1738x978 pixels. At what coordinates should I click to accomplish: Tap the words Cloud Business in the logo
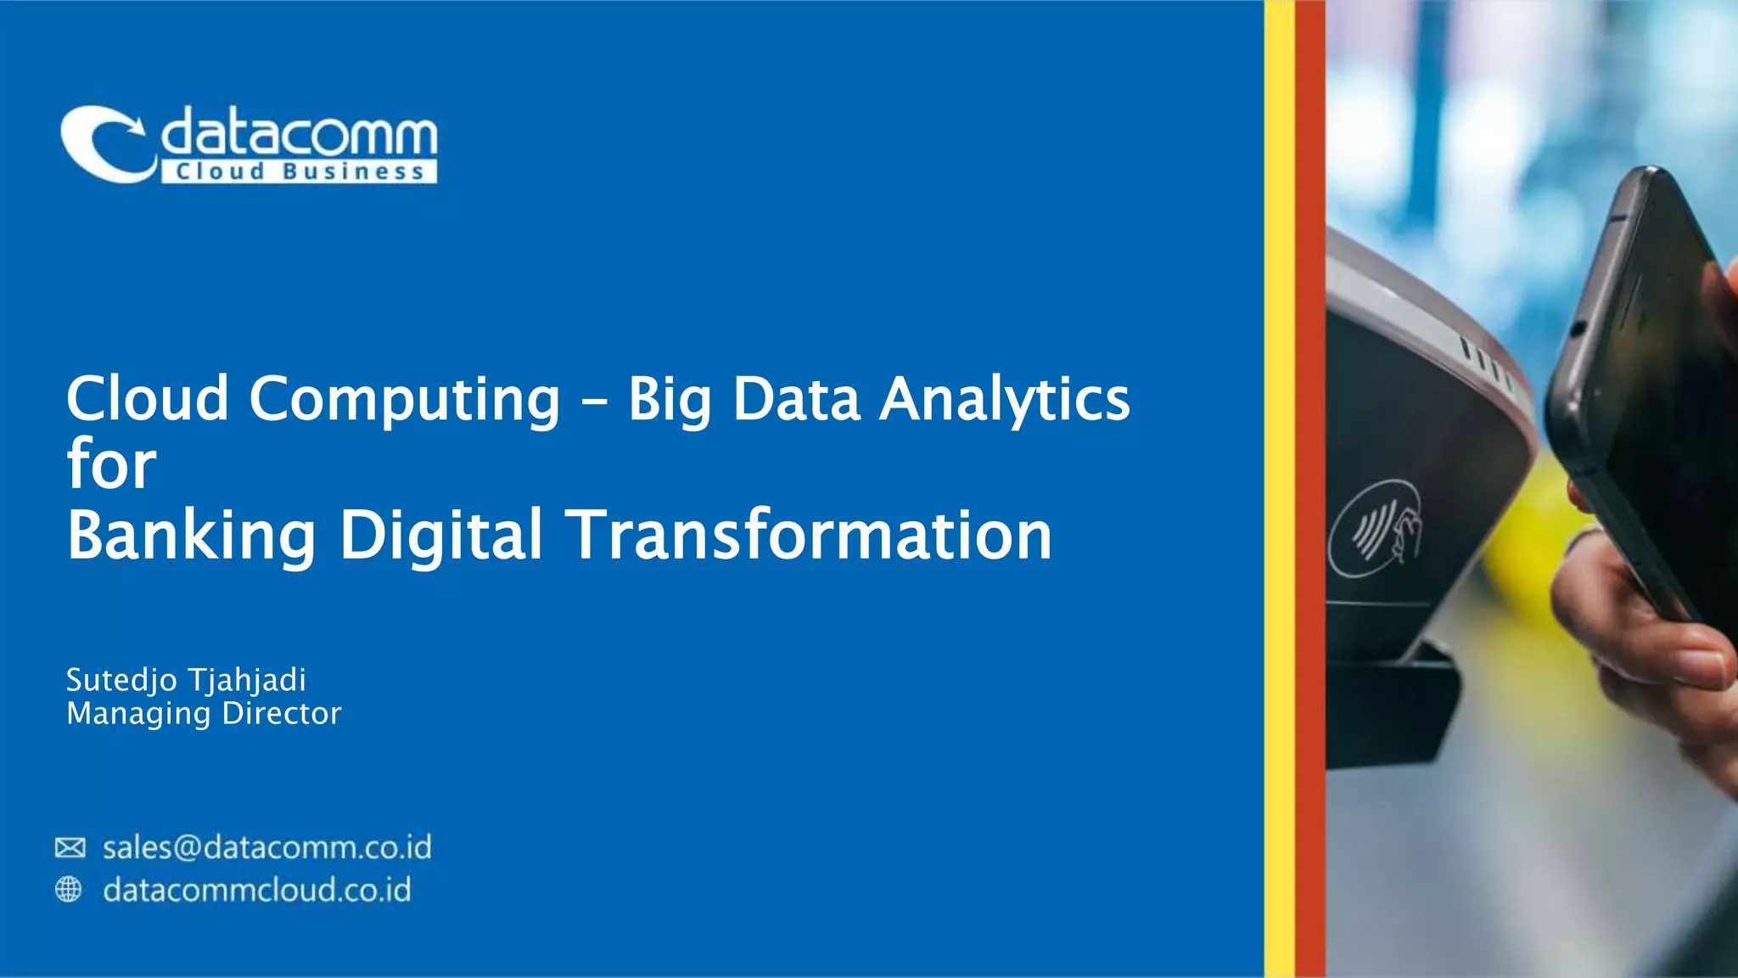[299, 171]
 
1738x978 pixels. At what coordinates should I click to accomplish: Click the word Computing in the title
[404, 399]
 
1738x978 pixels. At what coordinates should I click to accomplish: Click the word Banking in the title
[191, 534]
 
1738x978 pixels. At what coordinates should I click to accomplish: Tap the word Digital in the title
[440, 534]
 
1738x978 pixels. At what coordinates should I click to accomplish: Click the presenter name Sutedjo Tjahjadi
[186, 680]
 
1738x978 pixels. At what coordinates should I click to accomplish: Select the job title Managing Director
[204, 713]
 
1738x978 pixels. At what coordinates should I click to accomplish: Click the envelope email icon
[70, 847]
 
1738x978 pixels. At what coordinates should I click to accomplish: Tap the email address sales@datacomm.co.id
[267, 847]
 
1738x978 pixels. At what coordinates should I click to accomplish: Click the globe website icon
[69, 889]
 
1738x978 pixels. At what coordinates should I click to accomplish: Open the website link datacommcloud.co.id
[257, 890]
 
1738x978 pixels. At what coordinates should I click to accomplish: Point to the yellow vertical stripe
[1279, 489]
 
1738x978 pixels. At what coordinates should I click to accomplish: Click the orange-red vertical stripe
[1309, 489]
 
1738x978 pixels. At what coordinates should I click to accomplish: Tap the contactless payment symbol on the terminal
[1376, 530]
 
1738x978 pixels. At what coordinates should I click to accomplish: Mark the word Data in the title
[796, 399]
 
